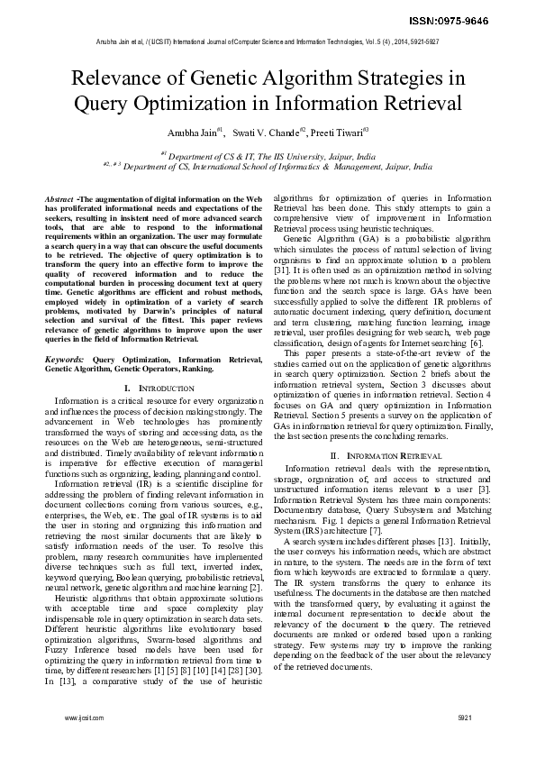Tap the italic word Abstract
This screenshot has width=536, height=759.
click(59, 197)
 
